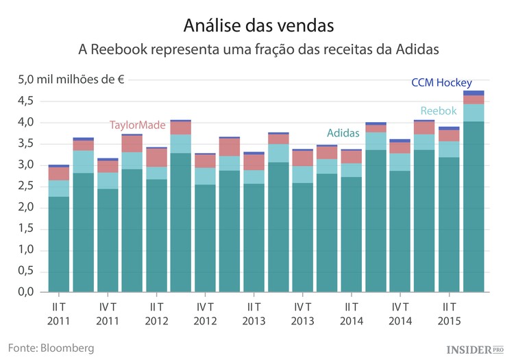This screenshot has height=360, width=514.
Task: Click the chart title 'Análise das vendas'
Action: coord(258,25)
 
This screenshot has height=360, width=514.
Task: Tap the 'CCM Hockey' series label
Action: coord(441,82)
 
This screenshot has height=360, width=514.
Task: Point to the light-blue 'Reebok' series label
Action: coord(438,110)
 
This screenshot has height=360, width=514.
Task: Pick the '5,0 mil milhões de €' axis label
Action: coord(71,80)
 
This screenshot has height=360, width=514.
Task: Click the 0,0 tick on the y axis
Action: coord(25,292)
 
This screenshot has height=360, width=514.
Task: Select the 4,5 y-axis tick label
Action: coord(25,101)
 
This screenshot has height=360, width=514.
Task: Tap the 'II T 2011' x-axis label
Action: coord(59,313)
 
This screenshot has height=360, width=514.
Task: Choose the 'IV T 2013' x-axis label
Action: coord(303,313)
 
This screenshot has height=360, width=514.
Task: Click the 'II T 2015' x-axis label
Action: coord(449,313)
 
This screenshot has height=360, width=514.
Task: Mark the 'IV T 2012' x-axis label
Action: coord(205,313)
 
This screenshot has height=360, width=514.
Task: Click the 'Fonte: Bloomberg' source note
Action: coord(51,348)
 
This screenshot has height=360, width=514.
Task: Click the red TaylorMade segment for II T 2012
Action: coord(156,158)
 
